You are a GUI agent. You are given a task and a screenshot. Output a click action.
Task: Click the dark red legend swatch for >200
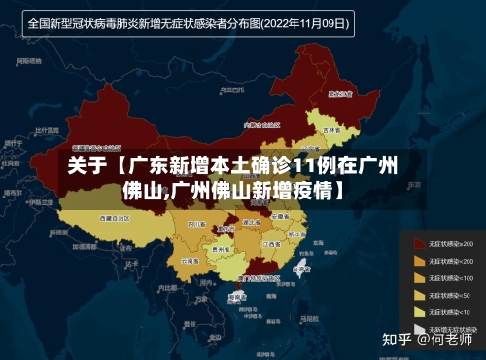point(419,242)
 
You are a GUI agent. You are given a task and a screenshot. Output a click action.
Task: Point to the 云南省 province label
point(190,261)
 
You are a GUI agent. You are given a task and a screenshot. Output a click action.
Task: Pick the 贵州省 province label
point(222,250)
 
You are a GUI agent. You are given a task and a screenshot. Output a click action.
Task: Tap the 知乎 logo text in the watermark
point(398,340)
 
